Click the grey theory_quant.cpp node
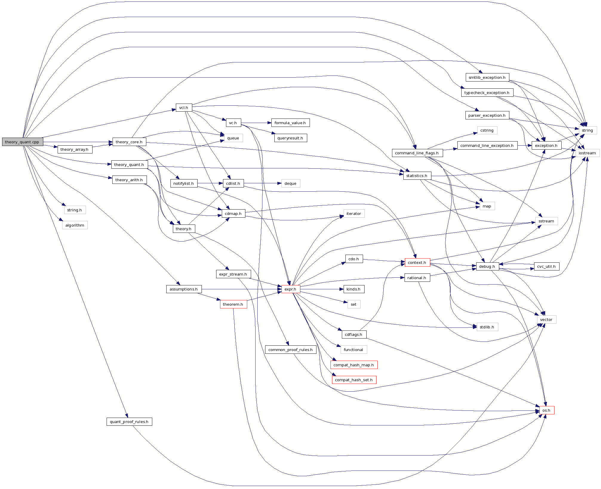(22, 142)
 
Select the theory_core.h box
(129, 142)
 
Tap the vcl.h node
(184, 107)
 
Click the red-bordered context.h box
(417, 262)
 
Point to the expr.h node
(290, 289)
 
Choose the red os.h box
(546, 410)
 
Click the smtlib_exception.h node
(487, 77)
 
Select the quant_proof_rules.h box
(129, 422)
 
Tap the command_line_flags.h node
(417, 153)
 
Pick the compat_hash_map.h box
(353, 365)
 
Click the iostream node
(587, 153)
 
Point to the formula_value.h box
(290, 123)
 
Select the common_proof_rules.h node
(290, 350)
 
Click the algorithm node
(75, 225)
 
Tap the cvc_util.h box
(546, 266)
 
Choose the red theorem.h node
(233, 304)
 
